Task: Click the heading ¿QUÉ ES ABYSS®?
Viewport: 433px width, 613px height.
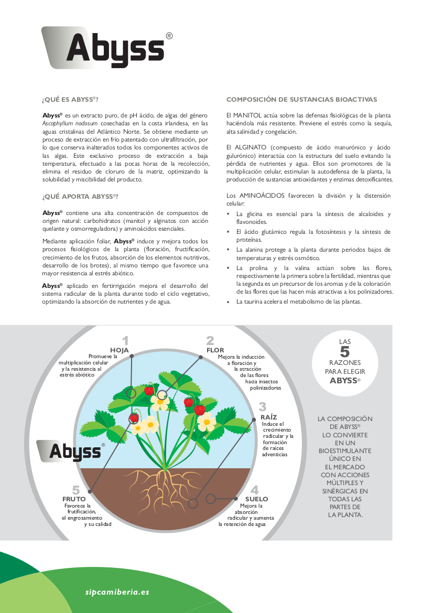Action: [70, 100]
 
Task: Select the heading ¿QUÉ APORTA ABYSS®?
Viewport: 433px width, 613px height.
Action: [80, 197]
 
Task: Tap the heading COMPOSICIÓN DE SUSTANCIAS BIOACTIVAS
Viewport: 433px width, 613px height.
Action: [301, 100]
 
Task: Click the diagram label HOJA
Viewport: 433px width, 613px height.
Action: [119, 350]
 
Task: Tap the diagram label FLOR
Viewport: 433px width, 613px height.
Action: [215, 350]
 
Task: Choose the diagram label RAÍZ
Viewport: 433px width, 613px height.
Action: [268, 417]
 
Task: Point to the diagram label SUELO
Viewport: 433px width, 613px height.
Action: [256, 499]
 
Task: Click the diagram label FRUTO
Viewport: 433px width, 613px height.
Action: [74, 499]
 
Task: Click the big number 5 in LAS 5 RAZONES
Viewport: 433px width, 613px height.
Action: [344, 352]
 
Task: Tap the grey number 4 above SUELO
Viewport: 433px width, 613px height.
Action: [255, 490]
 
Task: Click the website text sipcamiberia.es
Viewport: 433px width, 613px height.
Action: [117, 592]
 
